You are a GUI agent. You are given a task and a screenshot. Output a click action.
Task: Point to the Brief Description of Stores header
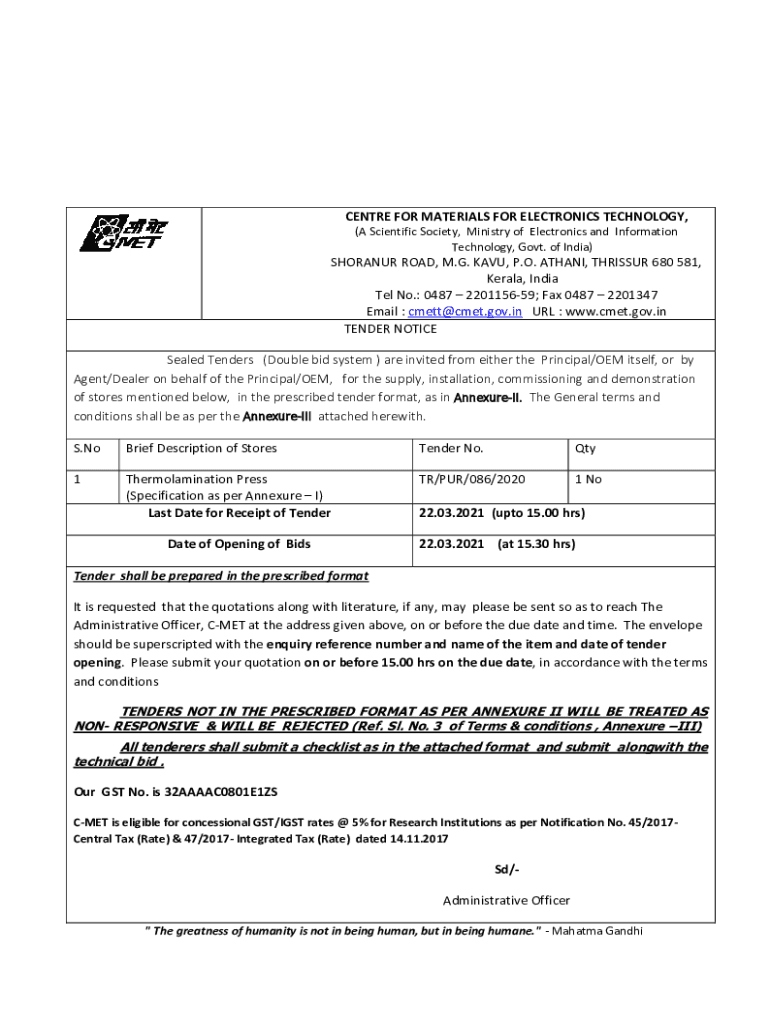tap(201, 449)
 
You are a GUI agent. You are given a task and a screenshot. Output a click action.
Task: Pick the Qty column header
tap(585, 449)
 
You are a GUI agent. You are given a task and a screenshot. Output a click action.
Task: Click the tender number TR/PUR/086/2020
tap(472, 479)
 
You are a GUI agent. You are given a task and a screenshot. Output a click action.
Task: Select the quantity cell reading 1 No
tap(588, 479)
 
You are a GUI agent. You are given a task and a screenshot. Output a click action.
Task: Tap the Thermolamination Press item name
tap(196, 479)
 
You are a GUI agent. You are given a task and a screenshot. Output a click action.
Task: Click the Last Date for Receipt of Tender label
tap(239, 513)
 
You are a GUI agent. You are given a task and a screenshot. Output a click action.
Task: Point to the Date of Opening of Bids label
tap(239, 544)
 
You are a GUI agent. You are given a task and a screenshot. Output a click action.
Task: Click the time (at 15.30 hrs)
tap(536, 544)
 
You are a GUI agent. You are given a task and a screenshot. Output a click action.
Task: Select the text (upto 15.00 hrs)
tap(538, 513)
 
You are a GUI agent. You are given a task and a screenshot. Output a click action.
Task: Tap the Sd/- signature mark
tap(507, 868)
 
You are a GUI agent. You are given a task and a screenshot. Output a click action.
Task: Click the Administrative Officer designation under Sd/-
tap(506, 900)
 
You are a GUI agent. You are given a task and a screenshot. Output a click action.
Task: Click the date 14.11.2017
tap(413, 839)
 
